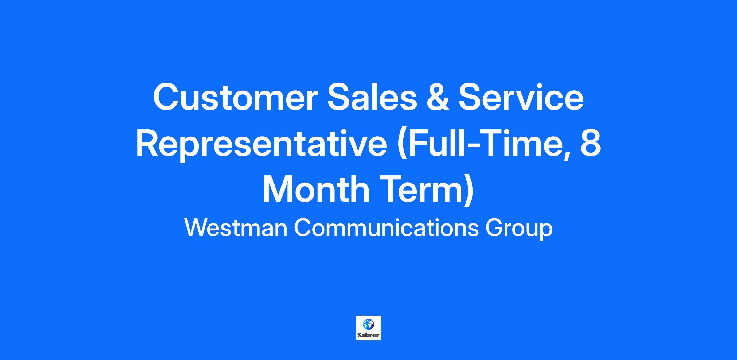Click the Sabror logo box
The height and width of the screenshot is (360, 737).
pos(368,328)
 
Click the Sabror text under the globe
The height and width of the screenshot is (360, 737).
pos(368,335)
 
